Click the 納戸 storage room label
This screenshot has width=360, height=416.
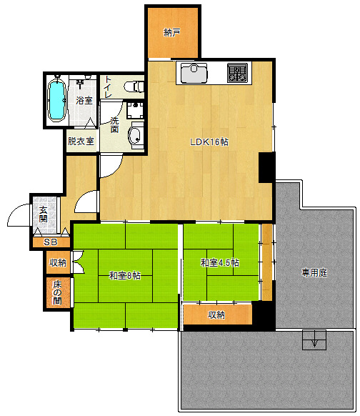172,33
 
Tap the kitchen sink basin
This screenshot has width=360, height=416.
194,73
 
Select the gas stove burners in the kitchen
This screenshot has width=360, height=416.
237,72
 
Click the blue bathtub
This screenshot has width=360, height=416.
56,101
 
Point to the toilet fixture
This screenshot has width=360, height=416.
134,86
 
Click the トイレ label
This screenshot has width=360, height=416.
108,86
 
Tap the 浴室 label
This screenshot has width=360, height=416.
84,100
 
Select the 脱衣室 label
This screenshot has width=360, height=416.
81,141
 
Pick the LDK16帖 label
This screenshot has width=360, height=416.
209,142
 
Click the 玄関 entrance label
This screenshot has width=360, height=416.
43,214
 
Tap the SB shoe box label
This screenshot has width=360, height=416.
51,242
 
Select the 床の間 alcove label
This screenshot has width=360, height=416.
57,292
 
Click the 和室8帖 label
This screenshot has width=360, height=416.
125,276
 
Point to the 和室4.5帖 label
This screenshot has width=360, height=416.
220,262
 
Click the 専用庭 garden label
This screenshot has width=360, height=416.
314,272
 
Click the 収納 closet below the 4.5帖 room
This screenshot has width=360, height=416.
216,315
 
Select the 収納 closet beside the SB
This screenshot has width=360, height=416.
58,262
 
